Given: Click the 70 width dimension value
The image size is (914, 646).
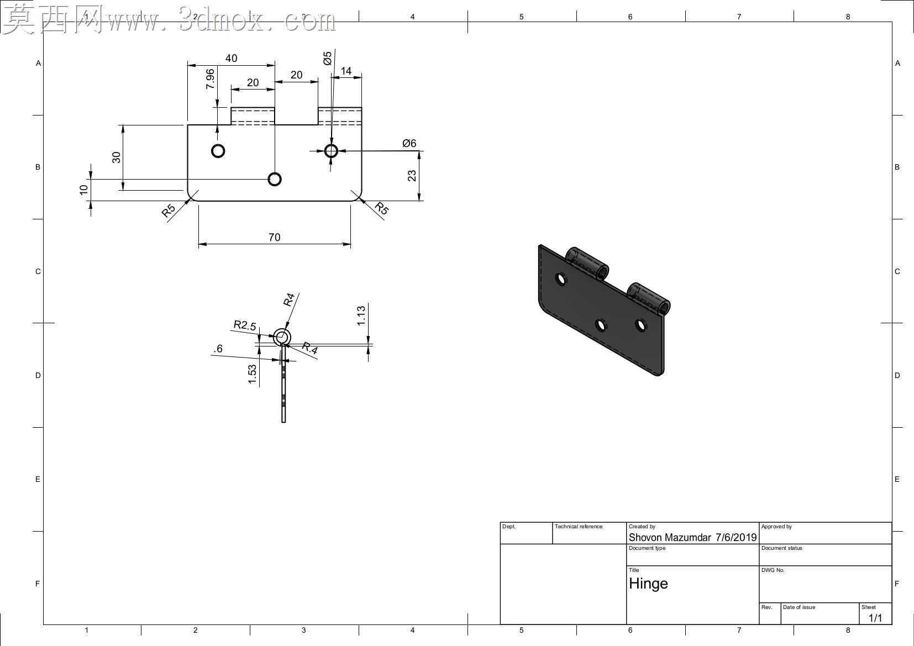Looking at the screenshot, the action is [x=274, y=237].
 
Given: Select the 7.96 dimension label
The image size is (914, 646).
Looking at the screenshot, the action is [x=210, y=79].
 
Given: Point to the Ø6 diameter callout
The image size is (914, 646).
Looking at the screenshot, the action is [x=409, y=143].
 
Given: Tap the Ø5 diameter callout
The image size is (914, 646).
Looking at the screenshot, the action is [x=327, y=58].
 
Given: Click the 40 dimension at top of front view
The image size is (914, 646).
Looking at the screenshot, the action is [x=231, y=59].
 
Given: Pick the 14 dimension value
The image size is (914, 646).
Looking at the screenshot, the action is [x=346, y=71].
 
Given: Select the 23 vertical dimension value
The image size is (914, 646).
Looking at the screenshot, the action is [x=412, y=176].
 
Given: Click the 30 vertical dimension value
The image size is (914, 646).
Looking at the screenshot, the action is [x=116, y=157].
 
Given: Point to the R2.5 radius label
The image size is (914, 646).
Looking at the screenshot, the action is [x=244, y=325].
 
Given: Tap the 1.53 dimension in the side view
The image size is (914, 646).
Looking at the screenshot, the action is [x=252, y=374].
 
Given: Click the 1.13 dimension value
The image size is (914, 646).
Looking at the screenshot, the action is [x=361, y=316].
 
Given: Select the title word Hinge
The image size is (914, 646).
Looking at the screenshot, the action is [x=648, y=584].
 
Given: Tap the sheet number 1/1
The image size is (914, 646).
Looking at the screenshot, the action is [x=875, y=618].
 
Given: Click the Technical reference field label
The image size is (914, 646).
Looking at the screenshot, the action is [x=578, y=527].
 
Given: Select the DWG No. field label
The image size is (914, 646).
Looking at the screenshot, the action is [x=773, y=570].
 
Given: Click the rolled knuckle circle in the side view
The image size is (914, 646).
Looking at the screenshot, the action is [x=281, y=329].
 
